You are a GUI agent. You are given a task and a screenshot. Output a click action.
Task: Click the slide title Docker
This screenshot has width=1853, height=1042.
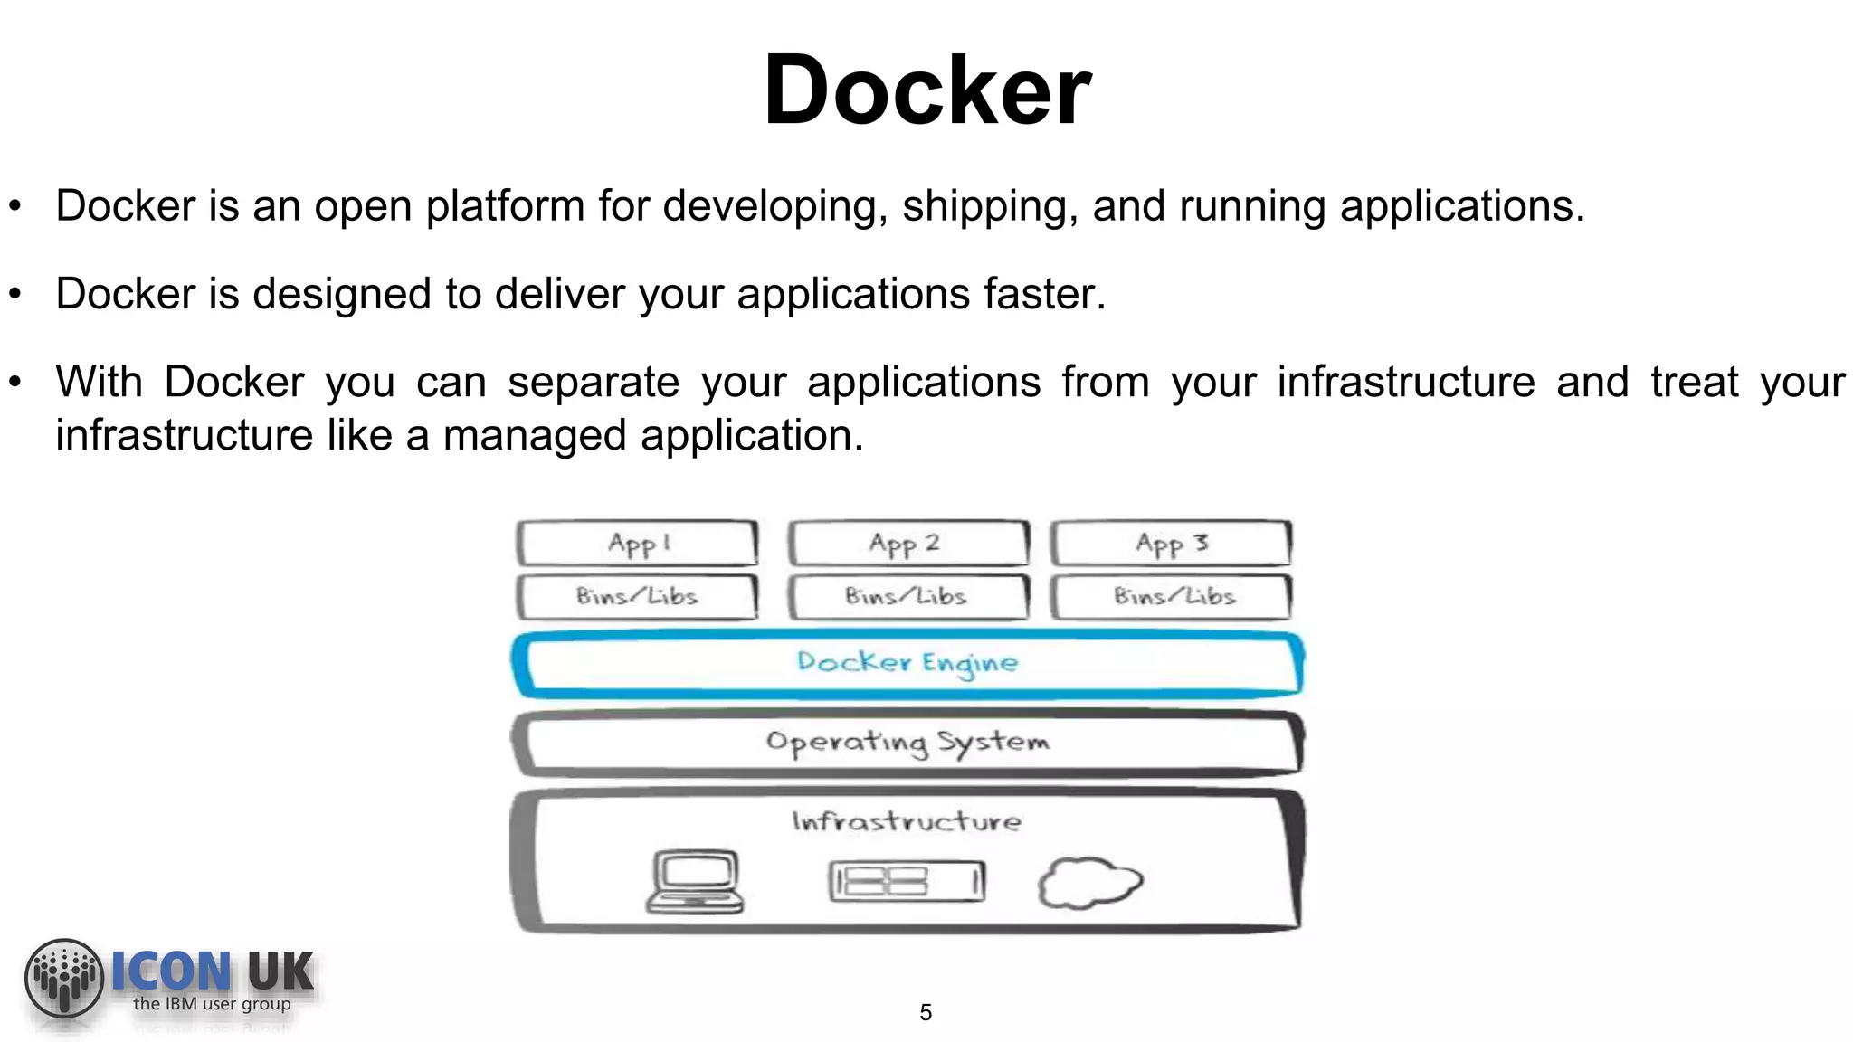[x=927, y=90]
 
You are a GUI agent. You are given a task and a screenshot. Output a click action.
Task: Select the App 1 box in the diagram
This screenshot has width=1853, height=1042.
[x=637, y=544]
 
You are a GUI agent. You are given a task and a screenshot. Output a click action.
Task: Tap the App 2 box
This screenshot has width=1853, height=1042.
[x=907, y=544]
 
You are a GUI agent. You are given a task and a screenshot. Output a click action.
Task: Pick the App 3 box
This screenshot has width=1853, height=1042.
[x=1171, y=544]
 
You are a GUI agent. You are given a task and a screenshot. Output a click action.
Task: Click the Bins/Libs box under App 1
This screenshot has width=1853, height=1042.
[x=637, y=596]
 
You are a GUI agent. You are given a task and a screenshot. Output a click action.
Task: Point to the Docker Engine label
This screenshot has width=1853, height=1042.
[x=907, y=663]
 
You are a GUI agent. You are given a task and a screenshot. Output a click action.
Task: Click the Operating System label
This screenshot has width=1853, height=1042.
[x=907, y=743]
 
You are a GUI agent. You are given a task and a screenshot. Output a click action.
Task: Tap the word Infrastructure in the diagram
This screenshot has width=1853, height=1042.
[x=907, y=821]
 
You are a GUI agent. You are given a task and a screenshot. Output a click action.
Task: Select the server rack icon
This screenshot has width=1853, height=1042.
[x=907, y=882]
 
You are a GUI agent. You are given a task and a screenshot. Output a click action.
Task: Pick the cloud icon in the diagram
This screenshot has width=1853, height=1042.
[x=1089, y=883]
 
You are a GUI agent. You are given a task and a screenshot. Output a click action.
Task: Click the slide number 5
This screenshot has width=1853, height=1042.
[x=926, y=1012]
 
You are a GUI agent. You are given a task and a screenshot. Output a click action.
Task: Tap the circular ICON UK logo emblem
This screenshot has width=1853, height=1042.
[x=63, y=978]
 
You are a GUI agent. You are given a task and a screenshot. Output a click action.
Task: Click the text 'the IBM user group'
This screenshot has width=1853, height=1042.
[x=212, y=1003]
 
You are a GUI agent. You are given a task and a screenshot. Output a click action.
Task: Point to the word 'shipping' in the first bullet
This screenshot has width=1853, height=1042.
[x=990, y=207]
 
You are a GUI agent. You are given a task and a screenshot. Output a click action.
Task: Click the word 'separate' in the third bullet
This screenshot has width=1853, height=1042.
[x=593, y=382]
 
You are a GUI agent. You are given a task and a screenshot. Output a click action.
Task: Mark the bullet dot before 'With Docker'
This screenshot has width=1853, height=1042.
[x=14, y=383]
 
